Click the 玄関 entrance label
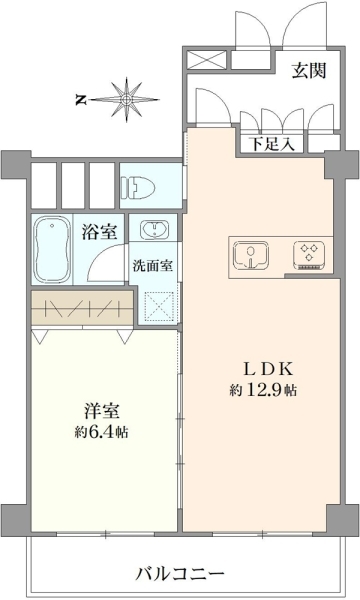[x=309, y=71]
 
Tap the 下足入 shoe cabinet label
[x=272, y=143]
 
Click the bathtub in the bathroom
[x=52, y=249]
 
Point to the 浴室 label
[x=99, y=232]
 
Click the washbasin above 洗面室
[x=154, y=230]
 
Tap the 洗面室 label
[x=153, y=266]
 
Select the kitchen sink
[x=251, y=254]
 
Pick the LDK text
[x=269, y=369]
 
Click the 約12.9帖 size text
[x=263, y=390]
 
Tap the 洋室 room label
[x=102, y=411]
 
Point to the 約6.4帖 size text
[x=101, y=432]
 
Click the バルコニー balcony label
[x=180, y=574]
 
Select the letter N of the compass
[x=80, y=100]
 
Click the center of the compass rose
[x=126, y=100]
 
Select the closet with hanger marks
[x=82, y=308]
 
